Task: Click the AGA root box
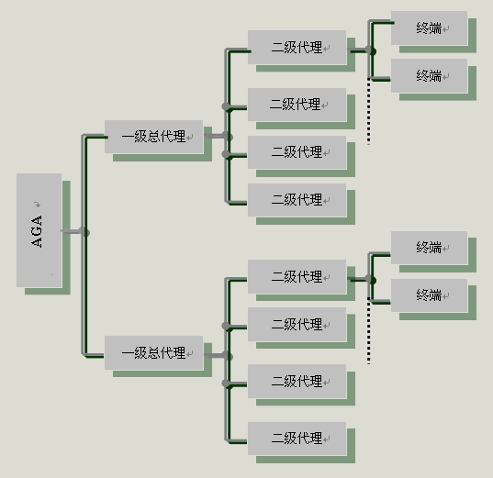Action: [39, 230]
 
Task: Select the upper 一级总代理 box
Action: [153, 137]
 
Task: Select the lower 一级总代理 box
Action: [153, 352]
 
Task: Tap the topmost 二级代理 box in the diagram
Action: [297, 48]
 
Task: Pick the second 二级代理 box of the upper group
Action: [297, 105]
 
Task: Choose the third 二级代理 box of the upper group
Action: [297, 152]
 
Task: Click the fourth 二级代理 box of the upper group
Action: [297, 200]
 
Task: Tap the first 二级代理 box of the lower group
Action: [297, 276]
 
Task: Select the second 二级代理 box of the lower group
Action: [297, 324]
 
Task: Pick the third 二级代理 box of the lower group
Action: [297, 381]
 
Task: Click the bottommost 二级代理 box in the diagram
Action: [297, 439]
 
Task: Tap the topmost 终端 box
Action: [429, 28]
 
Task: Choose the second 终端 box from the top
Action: [429, 76]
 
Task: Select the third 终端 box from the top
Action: [429, 248]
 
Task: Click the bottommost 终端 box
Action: [429, 295]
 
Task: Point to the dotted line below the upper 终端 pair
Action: [369, 112]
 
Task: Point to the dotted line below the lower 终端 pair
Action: [369, 331]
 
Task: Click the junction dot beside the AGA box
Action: [84, 232]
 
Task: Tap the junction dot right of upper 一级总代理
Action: [228, 137]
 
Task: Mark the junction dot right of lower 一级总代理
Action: [228, 356]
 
